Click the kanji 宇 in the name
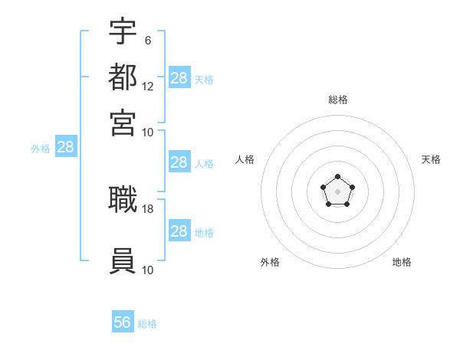(123, 31)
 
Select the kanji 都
(123, 77)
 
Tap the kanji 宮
(123, 123)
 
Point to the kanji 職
(123, 199)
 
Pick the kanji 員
(123, 260)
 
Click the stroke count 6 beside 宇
(148, 41)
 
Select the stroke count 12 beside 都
(147, 87)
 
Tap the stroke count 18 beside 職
(147, 209)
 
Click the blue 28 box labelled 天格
(179, 77)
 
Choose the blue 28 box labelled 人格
(179, 162)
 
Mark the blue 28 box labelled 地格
(179, 230)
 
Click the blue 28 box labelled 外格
(66, 146)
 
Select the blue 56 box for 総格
(123, 321)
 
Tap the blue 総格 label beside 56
(147, 324)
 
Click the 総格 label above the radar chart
(338, 100)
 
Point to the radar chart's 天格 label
(431, 159)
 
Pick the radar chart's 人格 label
(245, 159)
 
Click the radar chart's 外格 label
(270, 262)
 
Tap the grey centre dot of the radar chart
(337, 191)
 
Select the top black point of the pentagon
(337, 176)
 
